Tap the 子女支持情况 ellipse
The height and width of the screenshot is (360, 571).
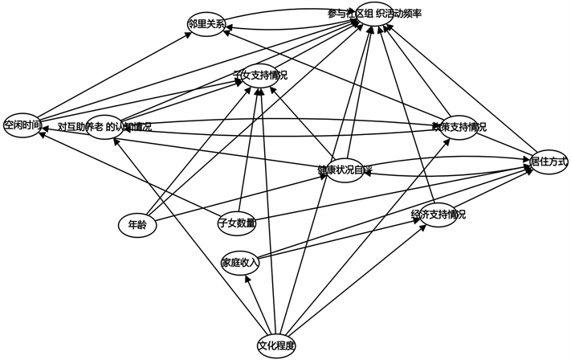(259, 76)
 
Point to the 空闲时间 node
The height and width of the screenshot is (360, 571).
(22, 125)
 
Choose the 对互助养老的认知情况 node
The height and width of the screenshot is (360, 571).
(105, 126)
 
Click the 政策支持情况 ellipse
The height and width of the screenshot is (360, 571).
(459, 126)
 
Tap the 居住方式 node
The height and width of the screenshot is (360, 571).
(549, 161)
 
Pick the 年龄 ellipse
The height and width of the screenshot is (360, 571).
(136, 224)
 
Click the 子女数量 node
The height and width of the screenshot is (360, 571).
(237, 223)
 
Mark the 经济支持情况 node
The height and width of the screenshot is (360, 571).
(438, 215)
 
